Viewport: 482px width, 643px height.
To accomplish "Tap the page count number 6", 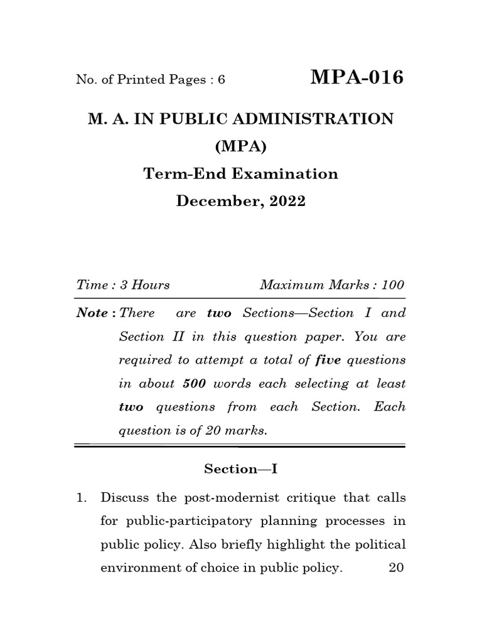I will pos(221,80).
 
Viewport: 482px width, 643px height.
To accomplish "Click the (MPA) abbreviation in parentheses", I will pos(241,146).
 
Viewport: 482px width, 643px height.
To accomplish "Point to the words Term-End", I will pos(174,174).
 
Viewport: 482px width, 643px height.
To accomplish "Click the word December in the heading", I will pos(217,202).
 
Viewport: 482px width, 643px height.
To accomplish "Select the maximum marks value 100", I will pos(393,284).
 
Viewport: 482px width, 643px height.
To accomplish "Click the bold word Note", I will pos(91,313).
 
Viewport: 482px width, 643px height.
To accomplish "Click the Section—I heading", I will pos(240,469).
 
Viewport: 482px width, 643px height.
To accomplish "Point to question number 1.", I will pos(80,498).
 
